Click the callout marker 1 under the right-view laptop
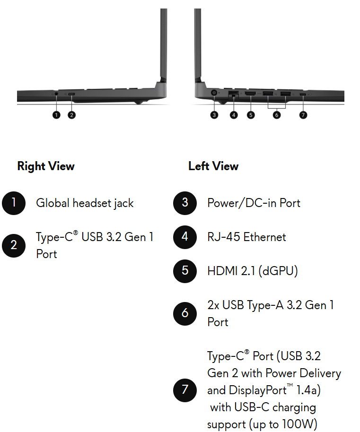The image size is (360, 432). [56, 115]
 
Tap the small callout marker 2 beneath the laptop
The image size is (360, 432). [72, 115]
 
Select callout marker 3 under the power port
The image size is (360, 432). [214, 115]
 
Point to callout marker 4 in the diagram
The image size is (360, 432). [234, 115]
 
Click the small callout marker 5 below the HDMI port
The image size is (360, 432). [251, 115]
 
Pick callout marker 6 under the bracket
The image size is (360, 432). [277, 115]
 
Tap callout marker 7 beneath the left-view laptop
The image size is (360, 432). [303, 115]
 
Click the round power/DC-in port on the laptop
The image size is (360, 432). [214, 93]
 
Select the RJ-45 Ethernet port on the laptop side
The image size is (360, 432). [234, 93]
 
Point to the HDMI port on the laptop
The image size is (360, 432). [251, 94]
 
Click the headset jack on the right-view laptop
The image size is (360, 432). [56, 94]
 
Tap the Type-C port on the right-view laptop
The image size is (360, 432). [71, 94]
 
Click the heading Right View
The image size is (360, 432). [46, 166]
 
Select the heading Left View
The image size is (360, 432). [213, 166]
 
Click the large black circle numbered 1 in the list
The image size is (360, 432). [14, 203]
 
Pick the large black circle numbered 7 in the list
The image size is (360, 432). [185, 390]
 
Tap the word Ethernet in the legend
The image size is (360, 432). [264, 237]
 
